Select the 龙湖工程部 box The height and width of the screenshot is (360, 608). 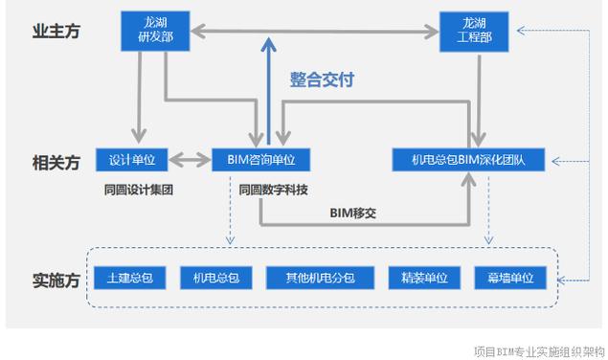pyautogui.click(x=475, y=30)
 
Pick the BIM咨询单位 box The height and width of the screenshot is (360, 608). pyautogui.click(x=262, y=159)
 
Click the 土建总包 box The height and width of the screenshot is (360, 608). pyautogui.click(x=131, y=279)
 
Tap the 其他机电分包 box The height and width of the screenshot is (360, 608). pyautogui.click(x=320, y=279)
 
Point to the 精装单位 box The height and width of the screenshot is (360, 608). pyautogui.click(x=418, y=279)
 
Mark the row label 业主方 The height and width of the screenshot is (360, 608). pyautogui.click(x=56, y=32)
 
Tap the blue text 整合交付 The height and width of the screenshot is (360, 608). pyautogui.click(x=322, y=80)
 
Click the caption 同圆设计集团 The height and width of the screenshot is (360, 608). pyautogui.click(x=139, y=189)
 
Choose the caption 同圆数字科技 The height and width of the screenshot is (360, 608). pyautogui.click(x=274, y=189)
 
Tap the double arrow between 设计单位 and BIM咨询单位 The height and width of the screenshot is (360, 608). pyautogui.click(x=193, y=159)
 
